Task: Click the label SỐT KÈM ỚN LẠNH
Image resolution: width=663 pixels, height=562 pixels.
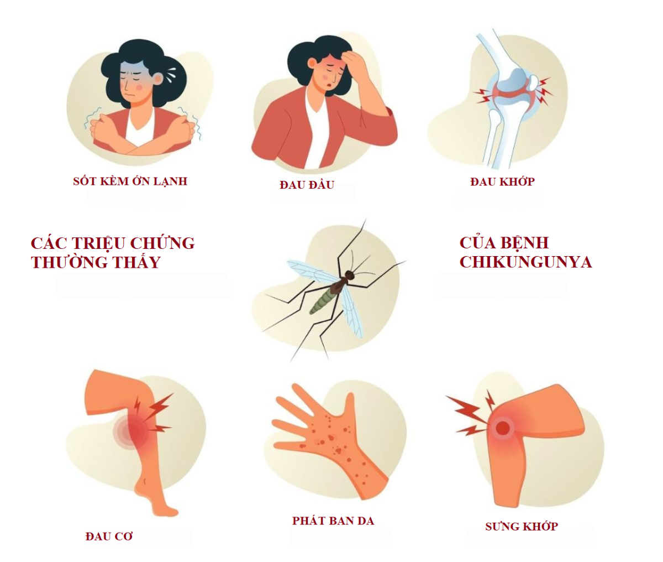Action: tap(130, 181)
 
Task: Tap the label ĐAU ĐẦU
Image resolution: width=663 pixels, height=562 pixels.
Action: tap(307, 184)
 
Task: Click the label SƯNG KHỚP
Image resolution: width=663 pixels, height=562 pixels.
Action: tap(522, 526)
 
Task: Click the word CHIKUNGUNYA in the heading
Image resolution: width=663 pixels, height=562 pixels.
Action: tap(526, 262)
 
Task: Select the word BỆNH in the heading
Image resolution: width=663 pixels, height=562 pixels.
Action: tap(522, 243)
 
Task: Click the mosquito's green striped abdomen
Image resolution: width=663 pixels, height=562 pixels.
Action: tap(322, 299)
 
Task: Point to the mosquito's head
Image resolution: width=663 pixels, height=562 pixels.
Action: tap(349, 274)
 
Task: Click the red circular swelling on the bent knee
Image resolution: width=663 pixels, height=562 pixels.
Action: tap(502, 428)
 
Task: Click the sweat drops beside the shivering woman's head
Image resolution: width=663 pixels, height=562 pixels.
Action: tap(171, 75)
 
